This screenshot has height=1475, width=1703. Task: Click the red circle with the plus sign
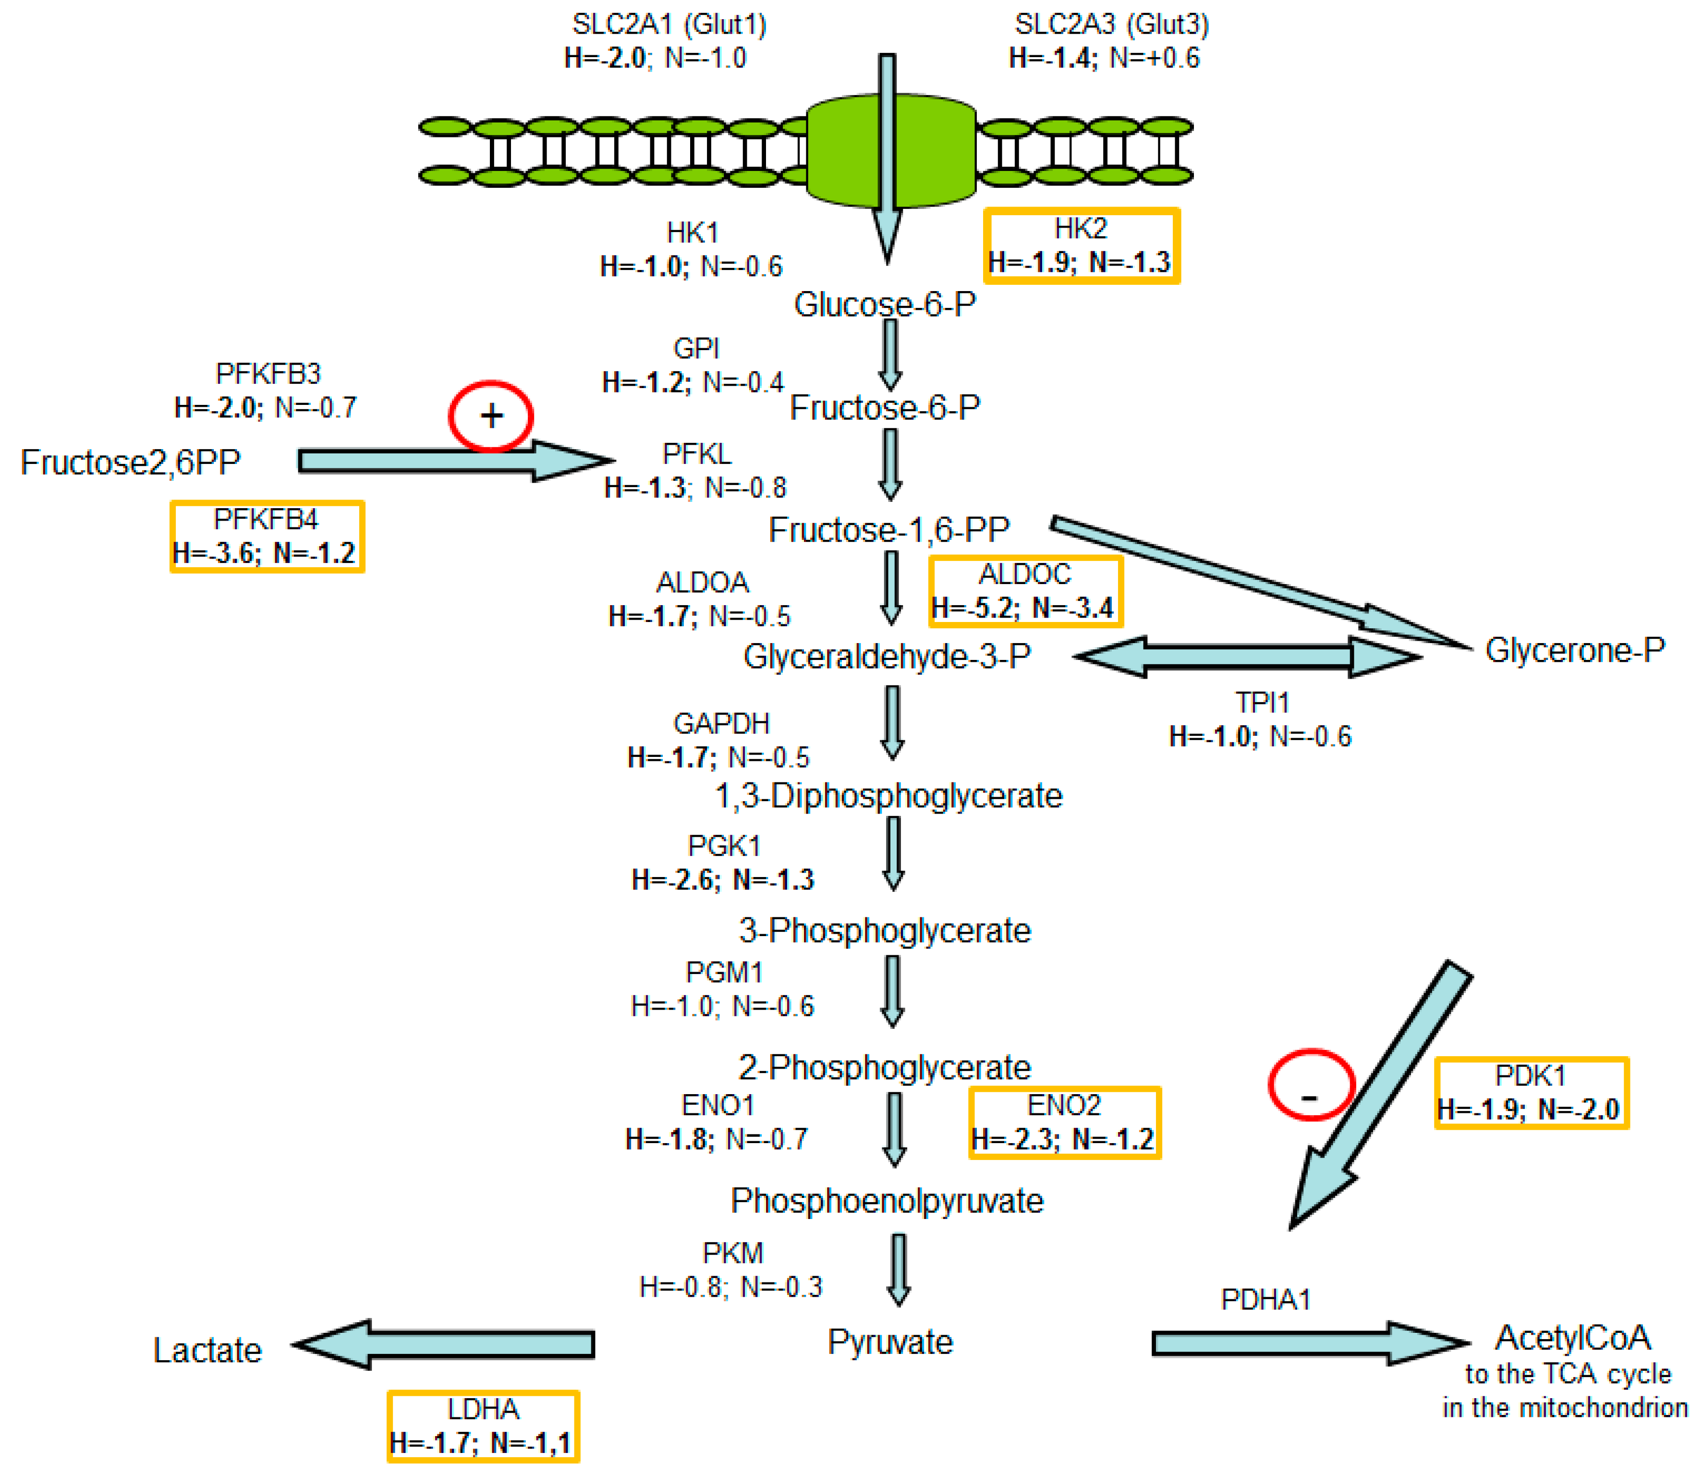click(x=490, y=415)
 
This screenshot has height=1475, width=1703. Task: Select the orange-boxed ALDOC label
click(x=1025, y=591)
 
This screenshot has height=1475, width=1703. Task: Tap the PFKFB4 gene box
click(x=267, y=536)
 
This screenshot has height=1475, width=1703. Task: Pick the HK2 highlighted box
click(x=1082, y=245)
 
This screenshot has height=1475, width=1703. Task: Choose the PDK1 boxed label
click(x=1531, y=1092)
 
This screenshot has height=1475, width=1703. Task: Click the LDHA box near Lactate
click(x=483, y=1426)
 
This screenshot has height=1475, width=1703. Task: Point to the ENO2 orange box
click(x=1064, y=1122)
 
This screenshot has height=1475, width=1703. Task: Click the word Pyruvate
click(x=890, y=1341)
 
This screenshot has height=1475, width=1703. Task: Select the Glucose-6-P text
click(x=885, y=305)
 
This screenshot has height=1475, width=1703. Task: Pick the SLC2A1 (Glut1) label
click(x=669, y=24)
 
